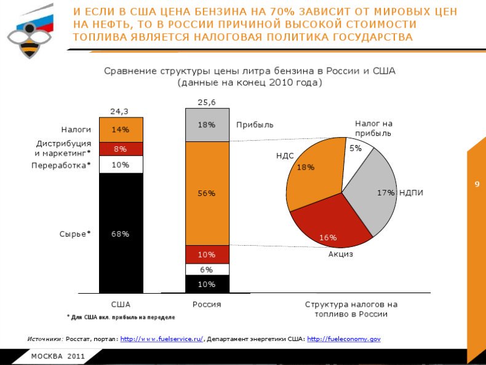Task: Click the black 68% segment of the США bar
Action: click(x=121, y=234)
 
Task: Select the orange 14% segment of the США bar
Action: click(x=121, y=130)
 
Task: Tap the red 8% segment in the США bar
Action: click(x=121, y=149)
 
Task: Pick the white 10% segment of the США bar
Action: click(x=121, y=165)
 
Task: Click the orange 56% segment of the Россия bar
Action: click(x=207, y=194)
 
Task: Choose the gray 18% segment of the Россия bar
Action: click(x=207, y=125)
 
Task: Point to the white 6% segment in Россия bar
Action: click(x=207, y=269)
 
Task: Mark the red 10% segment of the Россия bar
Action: click(x=207, y=254)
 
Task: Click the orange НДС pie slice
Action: click(x=313, y=172)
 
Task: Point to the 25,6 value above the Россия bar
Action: click(x=207, y=102)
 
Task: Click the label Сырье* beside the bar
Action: click(x=75, y=234)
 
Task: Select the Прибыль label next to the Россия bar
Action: click(x=255, y=125)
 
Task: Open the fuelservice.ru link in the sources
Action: click(x=161, y=339)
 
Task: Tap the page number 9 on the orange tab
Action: click(x=476, y=184)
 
